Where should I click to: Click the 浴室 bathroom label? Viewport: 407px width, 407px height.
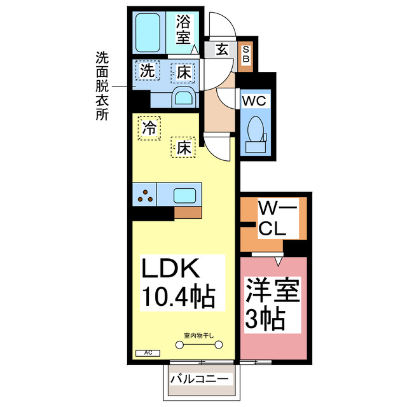183,29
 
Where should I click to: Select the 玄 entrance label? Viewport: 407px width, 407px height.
222,48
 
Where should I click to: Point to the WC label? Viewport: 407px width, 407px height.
256,101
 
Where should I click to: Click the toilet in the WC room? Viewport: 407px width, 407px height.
257,132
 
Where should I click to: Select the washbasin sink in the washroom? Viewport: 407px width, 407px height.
184,97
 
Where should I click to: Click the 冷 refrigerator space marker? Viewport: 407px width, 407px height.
149,128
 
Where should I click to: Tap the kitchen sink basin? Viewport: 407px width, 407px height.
186,195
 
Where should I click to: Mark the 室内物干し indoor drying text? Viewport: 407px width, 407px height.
198,335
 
